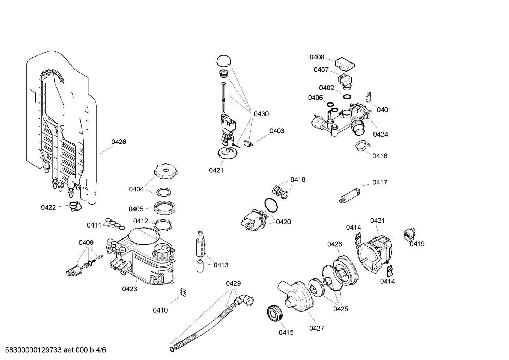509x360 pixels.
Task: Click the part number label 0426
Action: pos(119,142)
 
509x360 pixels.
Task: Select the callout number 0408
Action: pos(317,57)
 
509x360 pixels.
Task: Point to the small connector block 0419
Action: pos(409,235)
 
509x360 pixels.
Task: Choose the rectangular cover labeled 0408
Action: pos(345,64)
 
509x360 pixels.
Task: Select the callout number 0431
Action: pos(377,221)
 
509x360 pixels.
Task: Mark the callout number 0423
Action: pos(130,289)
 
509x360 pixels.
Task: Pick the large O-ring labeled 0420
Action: pos(271,205)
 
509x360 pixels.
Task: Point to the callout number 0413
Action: pos(221,265)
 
